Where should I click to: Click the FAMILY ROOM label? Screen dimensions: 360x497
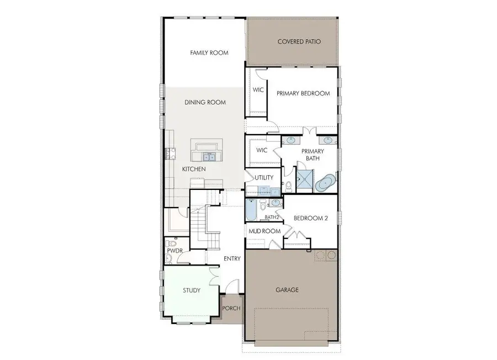(209, 53)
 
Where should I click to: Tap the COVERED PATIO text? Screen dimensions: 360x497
(299, 41)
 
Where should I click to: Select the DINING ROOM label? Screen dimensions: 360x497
(205, 103)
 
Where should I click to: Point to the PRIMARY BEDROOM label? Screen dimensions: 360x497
(303, 93)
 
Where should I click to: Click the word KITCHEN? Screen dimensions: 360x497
(194, 169)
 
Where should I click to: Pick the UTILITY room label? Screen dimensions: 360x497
(264, 177)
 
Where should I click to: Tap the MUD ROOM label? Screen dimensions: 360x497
(264, 231)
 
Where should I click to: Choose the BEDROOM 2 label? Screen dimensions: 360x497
(310, 218)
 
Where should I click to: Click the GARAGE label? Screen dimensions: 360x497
(287, 289)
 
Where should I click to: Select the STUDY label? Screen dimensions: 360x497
(191, 290)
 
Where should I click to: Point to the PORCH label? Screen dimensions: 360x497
(231, 308)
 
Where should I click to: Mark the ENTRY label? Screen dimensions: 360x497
(232, 258)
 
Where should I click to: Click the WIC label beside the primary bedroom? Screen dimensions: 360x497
(258, 89)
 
